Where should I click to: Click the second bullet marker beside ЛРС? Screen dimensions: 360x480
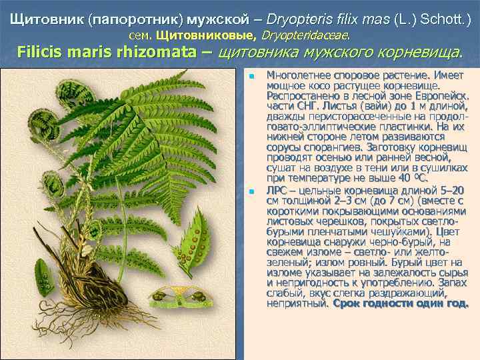point(251,192)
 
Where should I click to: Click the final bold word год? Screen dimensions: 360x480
point(457,303)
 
